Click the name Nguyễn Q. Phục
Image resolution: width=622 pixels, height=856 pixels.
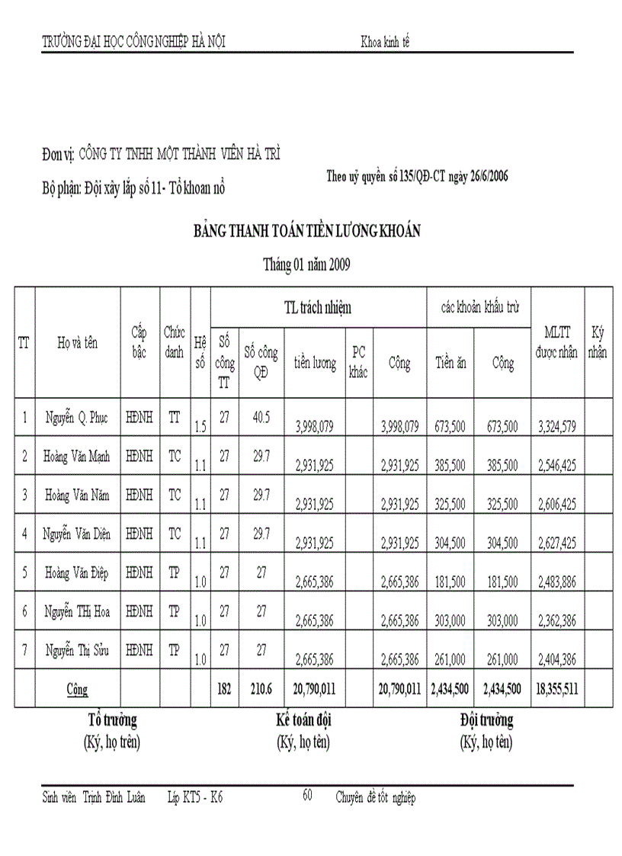pos(77,418)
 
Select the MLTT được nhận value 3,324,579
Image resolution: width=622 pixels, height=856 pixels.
pos(557,426)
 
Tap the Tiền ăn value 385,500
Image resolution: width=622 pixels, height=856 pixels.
pos(450,465)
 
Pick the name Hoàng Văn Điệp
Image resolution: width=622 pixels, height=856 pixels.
pos(77,573)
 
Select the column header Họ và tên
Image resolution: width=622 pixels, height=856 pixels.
pos(77,343)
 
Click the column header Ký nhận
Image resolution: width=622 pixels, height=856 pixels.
pos(598,343)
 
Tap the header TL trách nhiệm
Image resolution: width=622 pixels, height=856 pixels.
pos(317,307)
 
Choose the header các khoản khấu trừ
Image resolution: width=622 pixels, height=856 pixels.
pos(480,307)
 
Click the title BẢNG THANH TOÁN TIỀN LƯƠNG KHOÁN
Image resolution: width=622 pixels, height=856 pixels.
pos(306,232)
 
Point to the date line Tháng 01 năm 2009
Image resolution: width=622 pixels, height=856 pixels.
pos(306,265)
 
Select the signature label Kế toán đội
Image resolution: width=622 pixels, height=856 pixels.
pos(303,720)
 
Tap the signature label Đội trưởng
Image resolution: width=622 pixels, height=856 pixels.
pos(486,720)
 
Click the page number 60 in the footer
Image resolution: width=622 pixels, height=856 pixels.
pos(307,795)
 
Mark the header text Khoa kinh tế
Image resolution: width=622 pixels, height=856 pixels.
pos(385,42)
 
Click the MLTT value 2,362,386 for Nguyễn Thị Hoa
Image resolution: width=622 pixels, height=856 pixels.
pos(557,620)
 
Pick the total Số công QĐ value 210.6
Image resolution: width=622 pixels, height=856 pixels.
pos(261,689)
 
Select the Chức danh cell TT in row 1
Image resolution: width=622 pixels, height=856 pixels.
pos(175,417)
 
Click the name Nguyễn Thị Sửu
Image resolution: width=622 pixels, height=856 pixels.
pos(77,650)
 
